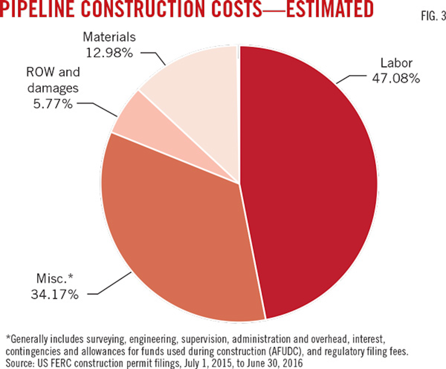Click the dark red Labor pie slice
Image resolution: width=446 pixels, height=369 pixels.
pos(310,186)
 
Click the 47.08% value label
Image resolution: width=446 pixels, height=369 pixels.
pos(396,79)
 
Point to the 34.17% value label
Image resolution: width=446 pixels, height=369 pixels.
pos(55,294)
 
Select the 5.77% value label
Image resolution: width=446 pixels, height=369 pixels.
pos(53,104)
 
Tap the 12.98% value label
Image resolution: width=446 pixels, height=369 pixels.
pos(109,53)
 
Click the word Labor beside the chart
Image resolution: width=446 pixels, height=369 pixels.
pos(396,63)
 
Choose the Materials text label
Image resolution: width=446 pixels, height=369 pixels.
pos(109,37)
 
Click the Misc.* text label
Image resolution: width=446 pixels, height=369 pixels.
pos(55,279)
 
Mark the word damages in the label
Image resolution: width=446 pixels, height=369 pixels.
pos(53,88)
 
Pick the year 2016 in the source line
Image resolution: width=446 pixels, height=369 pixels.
pos(292,363)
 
